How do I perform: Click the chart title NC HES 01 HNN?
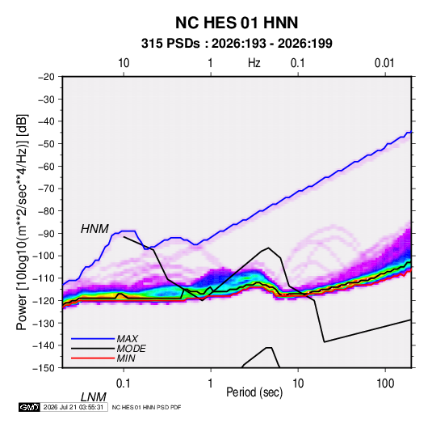[x=237, y=23]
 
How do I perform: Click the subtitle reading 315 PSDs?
[x=170, y=44]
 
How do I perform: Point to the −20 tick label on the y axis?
[x=46, y=77]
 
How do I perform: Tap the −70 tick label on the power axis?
[x=46, y=189]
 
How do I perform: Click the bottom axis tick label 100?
[x=385, y=384]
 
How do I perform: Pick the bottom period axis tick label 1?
[x=211, y=384]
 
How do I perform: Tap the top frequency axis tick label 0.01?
[x=384, y=63]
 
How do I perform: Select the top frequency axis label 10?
[x=124, y=63]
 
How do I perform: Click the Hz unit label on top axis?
[x=254, y=63]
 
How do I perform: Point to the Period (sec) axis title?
[x=254, y=392]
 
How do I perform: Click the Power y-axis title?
[x=22, y=222]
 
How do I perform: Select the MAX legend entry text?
[x=128, y=339]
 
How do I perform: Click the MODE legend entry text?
[x=131, y=349]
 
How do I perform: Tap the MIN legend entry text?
[x=126, y=358]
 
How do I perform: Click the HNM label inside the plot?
[x=94, y=229]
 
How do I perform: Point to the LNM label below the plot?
[x=94, y=397]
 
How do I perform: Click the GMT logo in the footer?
[x=29, y=407]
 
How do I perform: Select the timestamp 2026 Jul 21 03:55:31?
[x=73, y=407]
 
